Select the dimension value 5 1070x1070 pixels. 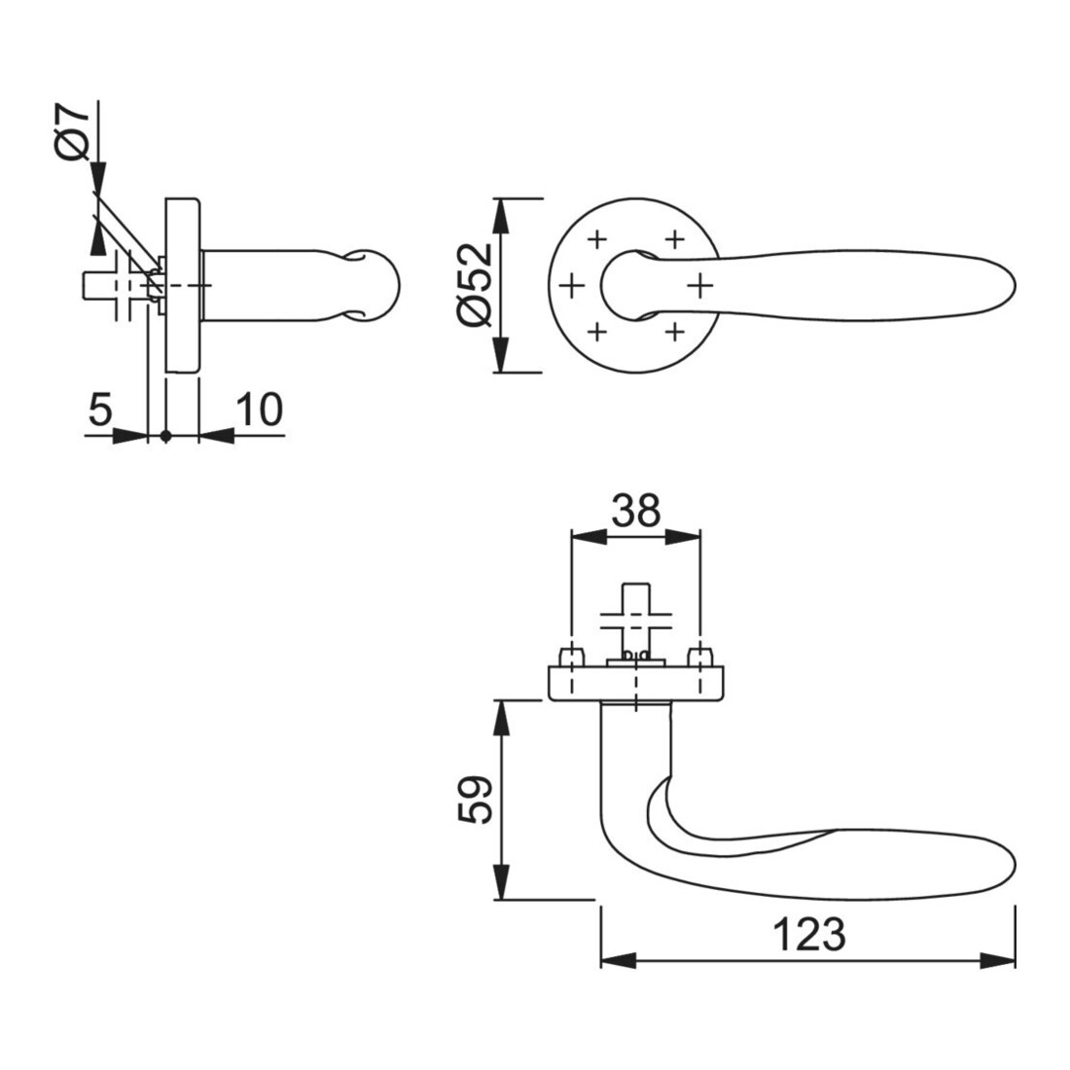[x=100, y=410]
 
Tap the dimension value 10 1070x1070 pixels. [x=260, y=410]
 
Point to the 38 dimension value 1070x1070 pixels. [x=636, y=511]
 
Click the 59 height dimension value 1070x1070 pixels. [x=476, y=800]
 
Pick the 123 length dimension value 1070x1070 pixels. [x=808, y=934]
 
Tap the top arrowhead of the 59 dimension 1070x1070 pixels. [x=502, y=718]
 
